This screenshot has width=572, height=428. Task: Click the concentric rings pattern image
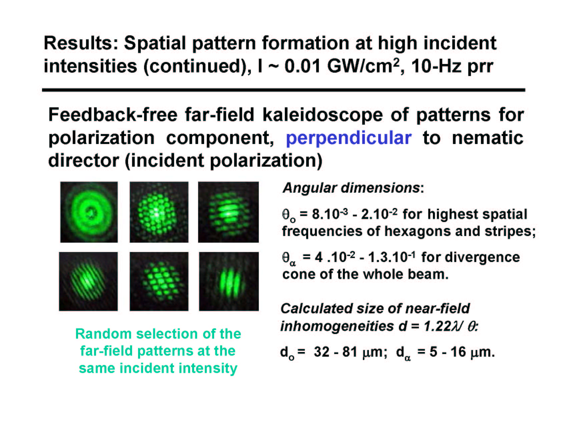[x=89, y=212]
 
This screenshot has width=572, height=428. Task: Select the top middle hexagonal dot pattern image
[x=159, y=212]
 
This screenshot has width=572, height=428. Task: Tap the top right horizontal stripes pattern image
[x=228, y=212]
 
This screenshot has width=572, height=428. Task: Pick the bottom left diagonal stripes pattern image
[x=88, y=281]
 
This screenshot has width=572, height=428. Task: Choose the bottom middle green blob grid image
[x=159, y=281]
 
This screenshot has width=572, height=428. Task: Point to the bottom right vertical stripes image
[x=229, y=281]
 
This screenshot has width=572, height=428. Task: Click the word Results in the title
[x=81, y=43]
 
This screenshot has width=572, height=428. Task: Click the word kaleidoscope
[x=323, y=115]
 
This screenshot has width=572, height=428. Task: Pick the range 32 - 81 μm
[x=350, y=352]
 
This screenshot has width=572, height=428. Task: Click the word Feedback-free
[x=113, y=115]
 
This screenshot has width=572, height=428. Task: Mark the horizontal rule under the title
[x=284, y=90]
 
